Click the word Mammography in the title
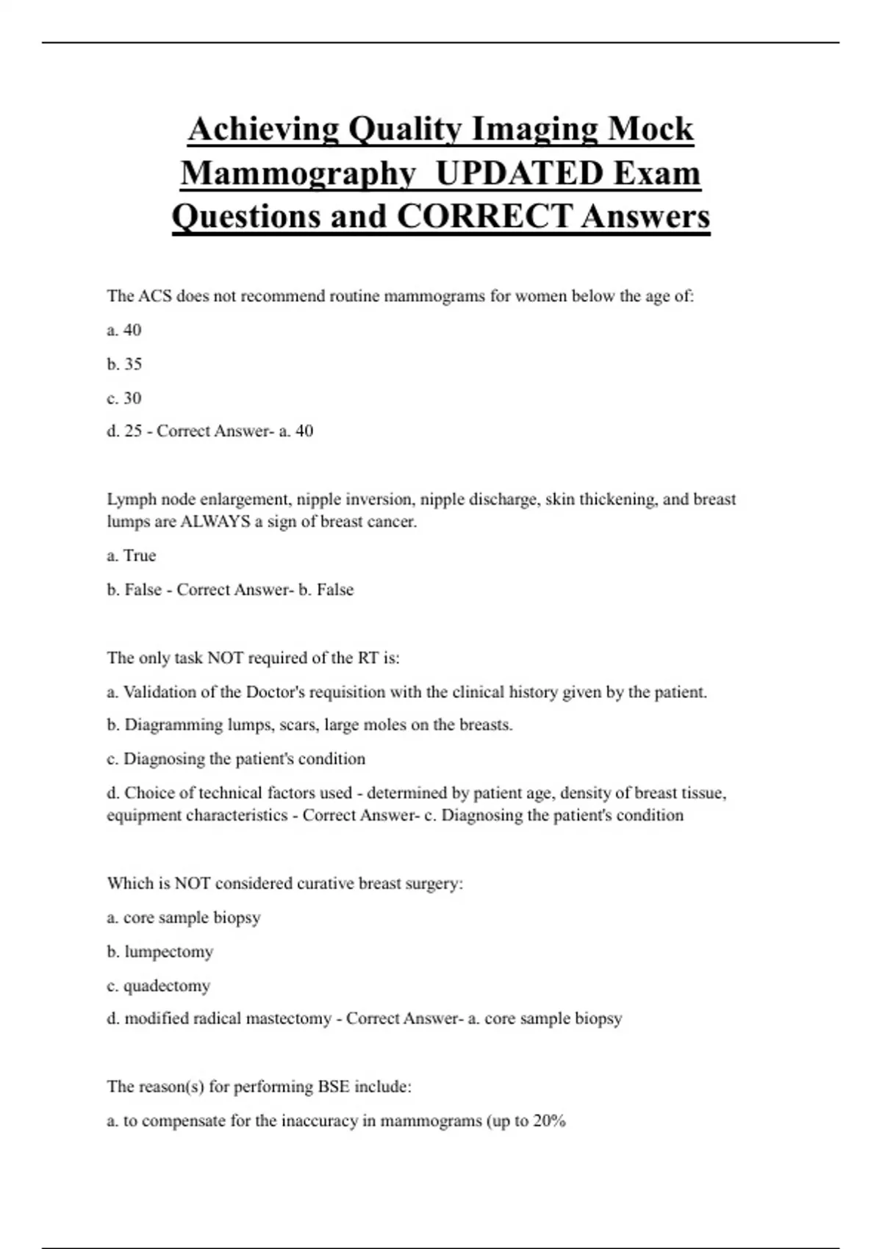tap(298, 173)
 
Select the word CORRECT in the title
tap(484, 216)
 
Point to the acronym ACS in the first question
tap(156, 296)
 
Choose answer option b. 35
tap(124, 364)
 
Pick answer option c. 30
tap(124, 397)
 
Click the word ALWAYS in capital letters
tap(215, 522)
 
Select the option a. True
tap(132, 555)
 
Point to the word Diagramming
tap(173, 725)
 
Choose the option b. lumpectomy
tap(160, 951)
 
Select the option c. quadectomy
tap(159, 985)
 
